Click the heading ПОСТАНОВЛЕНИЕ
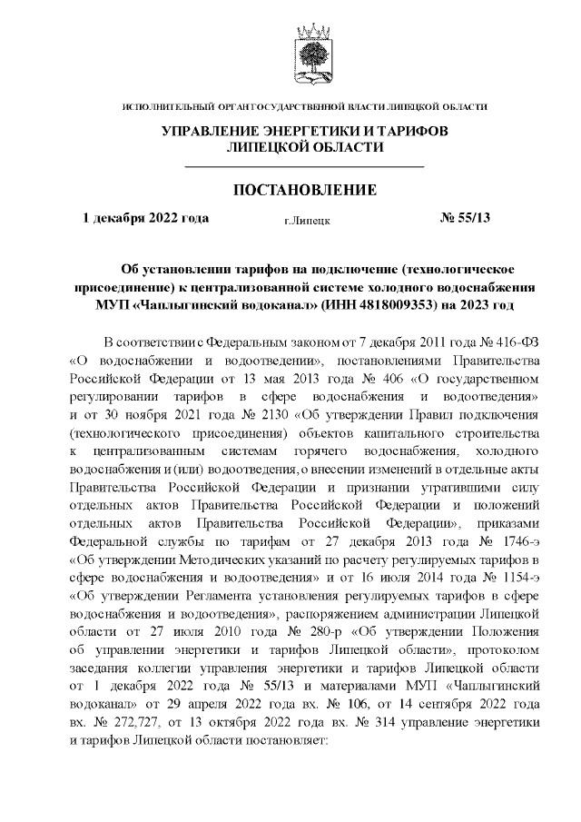tap(305, 190)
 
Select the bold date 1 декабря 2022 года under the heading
tap(145, 218)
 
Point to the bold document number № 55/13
tap(464, 218)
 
